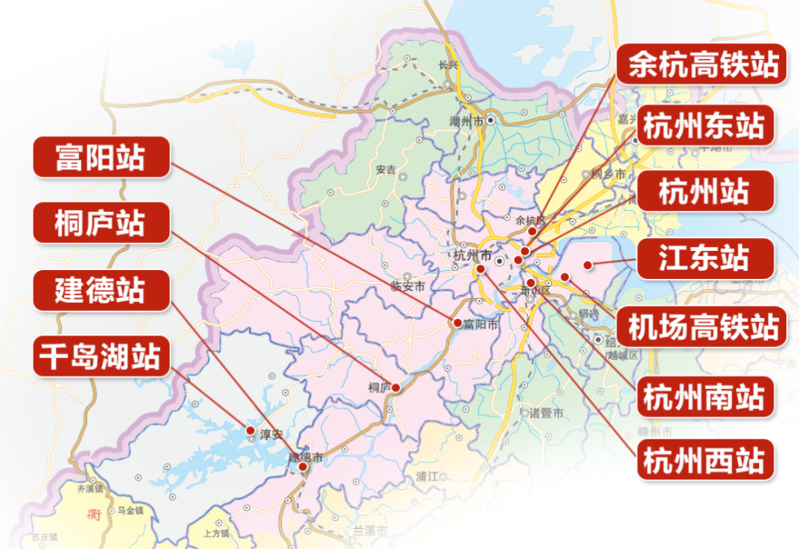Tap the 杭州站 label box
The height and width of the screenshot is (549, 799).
coord(703,192)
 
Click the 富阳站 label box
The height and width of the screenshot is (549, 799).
coord(101,157)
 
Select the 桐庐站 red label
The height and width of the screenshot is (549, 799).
coord(101,222)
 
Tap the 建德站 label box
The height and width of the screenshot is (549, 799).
coord(101,289)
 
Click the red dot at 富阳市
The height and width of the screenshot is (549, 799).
coord(457,324)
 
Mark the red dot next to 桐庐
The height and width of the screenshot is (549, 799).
coord(396,388)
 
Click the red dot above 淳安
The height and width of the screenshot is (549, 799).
coord(251,429)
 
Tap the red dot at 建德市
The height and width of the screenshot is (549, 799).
coord(303,466)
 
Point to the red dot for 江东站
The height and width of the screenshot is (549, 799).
coord(587,265)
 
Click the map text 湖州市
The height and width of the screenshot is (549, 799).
coord(467,122)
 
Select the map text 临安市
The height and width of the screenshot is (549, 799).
coord(407,286)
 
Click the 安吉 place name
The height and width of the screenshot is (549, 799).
coord(385,169)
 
